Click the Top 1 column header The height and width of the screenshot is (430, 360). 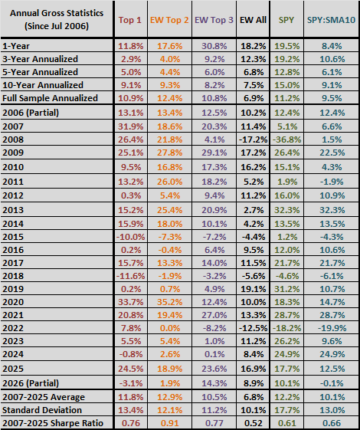pyautogui.click(x=130, y=20)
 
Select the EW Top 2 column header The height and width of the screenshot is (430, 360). pyautogui.click(x=169, y=20)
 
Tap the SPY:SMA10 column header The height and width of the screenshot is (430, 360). pyautogui.click(x=331, y=20)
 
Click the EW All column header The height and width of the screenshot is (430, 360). pyautogui.click(x=253, y=20)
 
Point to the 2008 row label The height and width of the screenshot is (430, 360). pyautogui.click(x=13, y=140)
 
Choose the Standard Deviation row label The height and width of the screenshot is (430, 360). pyautogui.click(x=42, y=410)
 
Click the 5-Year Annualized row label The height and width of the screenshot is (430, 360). pyautogui.click(x=41, y=72)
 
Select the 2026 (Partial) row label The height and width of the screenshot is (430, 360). pyautogui.click(x=31, y=383)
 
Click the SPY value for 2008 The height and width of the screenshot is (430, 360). pyautogui.click(x=286, y=140)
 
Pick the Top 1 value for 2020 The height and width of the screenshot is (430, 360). pyautogui.click(x=131, y=302)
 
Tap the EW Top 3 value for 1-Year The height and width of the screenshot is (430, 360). pyautogui.click(x=214, y=46)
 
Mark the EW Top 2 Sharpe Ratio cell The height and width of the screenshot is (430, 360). pyautogui.click(x=170, y=423)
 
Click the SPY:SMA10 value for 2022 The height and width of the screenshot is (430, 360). pyautogui.click(x=332, y=328)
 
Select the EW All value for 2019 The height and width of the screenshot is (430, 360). pyautogui.click(x=254, y=289)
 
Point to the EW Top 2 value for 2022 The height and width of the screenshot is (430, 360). pyautogui.click(x=170, y=328)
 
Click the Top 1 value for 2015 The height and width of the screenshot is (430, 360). pyautogui.click(x=131, y=237)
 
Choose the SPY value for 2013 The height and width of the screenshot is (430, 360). pyautogui.click(x=286, y=210)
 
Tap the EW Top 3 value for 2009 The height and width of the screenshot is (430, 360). pyautogui.click(x=214, y=153)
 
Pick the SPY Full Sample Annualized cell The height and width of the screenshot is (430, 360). pyautogui.click(x=286, y=98)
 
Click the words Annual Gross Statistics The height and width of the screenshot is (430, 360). pyautogui.click(x=57, y=13)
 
